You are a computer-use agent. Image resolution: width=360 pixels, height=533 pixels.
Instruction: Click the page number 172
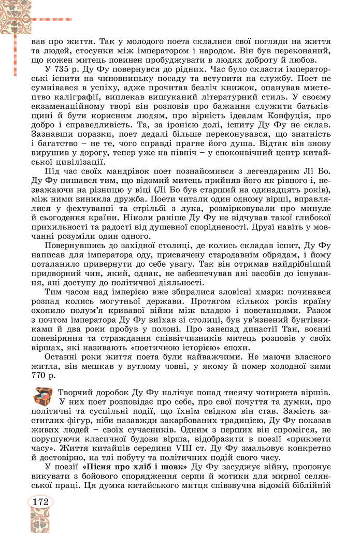click(x=40, y=502)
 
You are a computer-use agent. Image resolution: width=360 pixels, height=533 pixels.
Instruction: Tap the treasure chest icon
click(x=44, y=396)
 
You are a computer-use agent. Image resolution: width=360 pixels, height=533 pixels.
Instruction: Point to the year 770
click(x=41, y=374)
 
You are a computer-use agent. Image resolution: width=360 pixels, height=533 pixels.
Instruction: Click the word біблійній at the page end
click(x=311, y=486)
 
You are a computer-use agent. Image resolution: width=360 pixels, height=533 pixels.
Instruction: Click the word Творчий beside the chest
click(x=77, y=392)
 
